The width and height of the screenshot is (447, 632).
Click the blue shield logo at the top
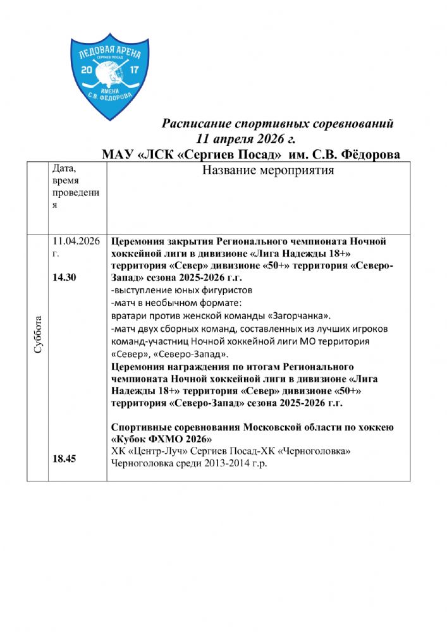coord(107,75)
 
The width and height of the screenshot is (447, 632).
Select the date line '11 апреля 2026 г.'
coord(246,138)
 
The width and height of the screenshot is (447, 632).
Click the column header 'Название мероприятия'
coord(267,171)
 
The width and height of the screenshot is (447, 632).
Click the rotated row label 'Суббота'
coord(39,335)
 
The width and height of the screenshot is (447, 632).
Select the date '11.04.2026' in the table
coord(77,241)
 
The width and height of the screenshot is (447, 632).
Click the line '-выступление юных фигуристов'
coord(181,291)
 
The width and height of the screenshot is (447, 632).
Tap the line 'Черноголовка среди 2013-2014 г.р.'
coord(189,463)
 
